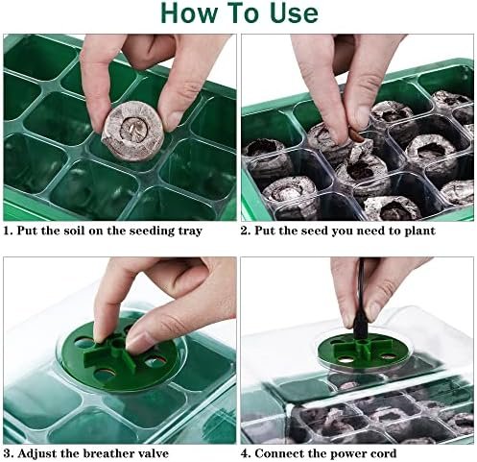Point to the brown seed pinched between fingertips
(356, 134)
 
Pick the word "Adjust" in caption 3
(37, 453)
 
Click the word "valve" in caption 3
(154, 453)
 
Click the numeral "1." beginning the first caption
(9, 231)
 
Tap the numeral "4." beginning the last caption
(246, 453)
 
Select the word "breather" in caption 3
(108, 453)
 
